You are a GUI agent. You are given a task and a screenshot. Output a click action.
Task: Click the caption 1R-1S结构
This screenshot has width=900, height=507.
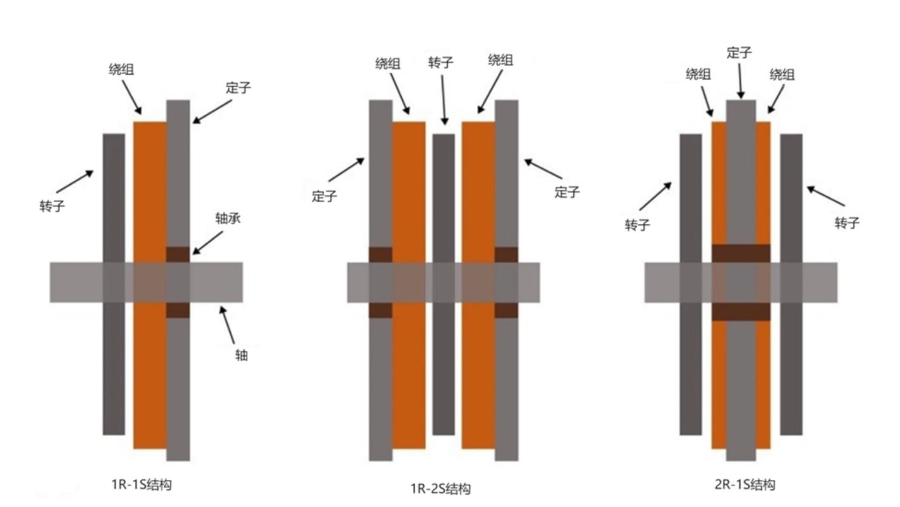pyautogui.click(x=141, y=485)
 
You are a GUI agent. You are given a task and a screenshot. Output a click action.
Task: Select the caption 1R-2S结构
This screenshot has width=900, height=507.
pyautogui.click(x=440, y=489)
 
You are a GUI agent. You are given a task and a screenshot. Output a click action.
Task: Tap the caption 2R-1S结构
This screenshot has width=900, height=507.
pyautogui.click(x=745, y=485)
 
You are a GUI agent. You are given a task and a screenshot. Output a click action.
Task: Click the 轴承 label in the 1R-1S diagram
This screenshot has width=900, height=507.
pyautogui.click(x=228, y=219)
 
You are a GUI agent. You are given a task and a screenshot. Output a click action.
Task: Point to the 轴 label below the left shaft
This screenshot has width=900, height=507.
pyautogui.click(x=241, y=355)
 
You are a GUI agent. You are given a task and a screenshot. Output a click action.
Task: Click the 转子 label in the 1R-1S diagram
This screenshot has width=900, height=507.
pyautogui.click(x=52, y=206)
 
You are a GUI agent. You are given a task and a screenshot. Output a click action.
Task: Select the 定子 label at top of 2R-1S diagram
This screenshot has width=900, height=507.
pyautogui.click(x=740, y=53)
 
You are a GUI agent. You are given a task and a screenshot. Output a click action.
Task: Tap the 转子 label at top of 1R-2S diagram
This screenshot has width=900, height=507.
pyautogui.click(x=441, y=63)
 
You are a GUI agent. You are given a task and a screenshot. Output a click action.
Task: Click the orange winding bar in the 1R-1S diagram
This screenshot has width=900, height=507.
pyautogui.click(x=150, y=285)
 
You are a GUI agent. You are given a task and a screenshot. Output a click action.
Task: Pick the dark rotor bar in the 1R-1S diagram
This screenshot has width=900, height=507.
pyautogui.click(x=114, y=284)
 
